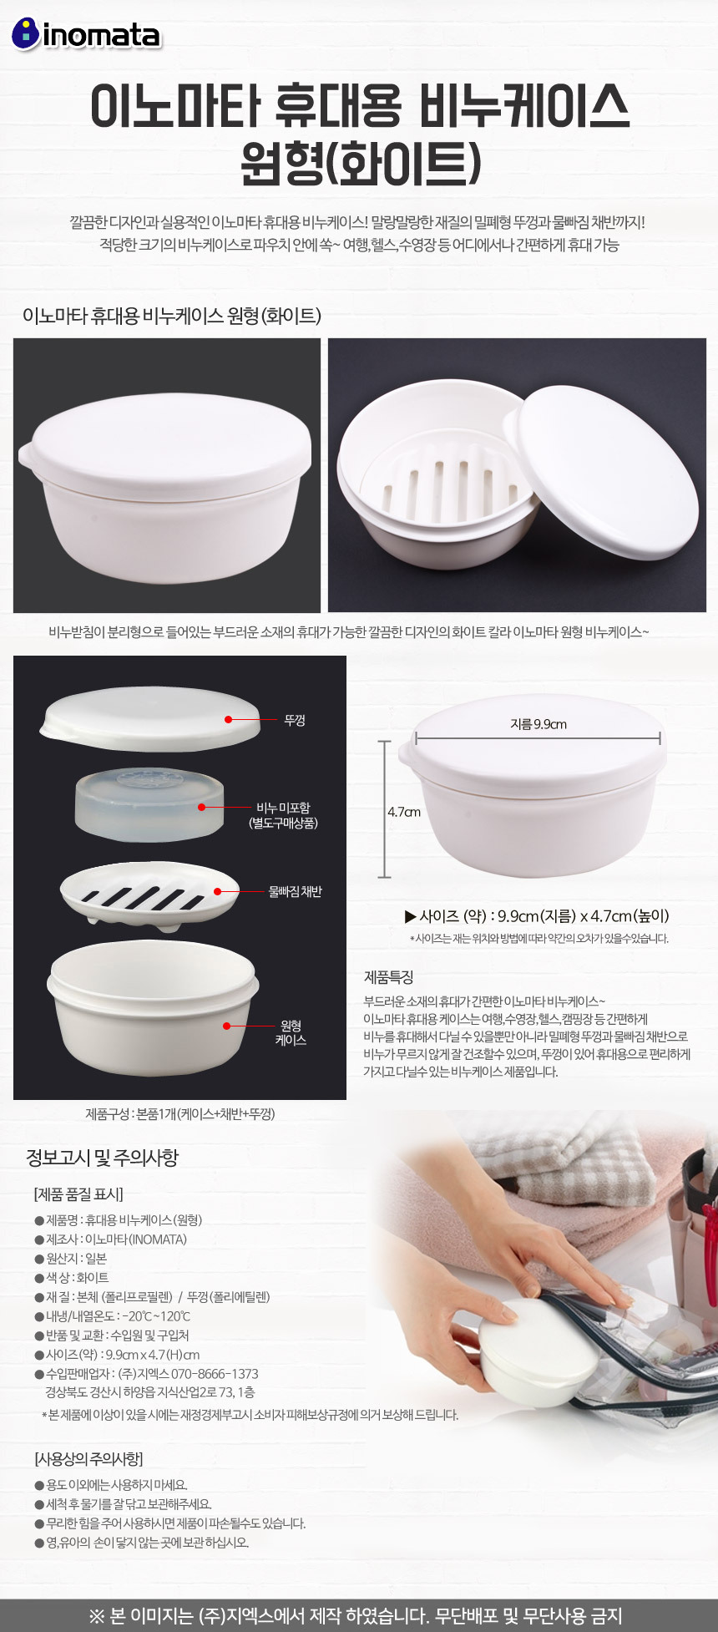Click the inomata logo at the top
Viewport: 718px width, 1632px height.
pyautogui.click(x=85, y=34)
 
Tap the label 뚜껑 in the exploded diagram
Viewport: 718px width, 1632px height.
pyautogui.click(x=295, y=720)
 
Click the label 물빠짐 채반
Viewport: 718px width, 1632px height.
pyautogui.click(x=295, y=892)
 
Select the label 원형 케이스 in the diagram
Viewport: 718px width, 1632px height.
pyautogui.click(x=291, y=1032)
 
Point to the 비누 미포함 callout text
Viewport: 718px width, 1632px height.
pyautogui.click(x=283, y=815)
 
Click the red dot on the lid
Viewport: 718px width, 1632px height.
pyautogui.click(x=228, y=718)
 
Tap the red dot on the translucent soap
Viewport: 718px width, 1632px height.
pyautogui.click(x=201, y=807)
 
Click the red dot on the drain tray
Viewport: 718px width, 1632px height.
pyautogui.click(x=217, y=891)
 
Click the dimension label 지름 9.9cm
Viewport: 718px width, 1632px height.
pyautogui.click(x=538, y=724)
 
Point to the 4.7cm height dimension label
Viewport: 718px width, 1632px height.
pyautogui.click(x=404, y=812)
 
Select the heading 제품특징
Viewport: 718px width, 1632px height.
pyautogui.click(x=388, y=977)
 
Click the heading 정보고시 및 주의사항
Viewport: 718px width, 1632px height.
pyautogui.click(x=102, y=1158)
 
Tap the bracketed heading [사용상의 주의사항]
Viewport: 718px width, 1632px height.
pyautogui.click(x=88, y=1458)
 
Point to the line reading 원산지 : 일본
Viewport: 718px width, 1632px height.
pyautogui.click(x=71, y=1258)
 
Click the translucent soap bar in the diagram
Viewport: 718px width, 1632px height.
pyautogui.click(x=149, y=806)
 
